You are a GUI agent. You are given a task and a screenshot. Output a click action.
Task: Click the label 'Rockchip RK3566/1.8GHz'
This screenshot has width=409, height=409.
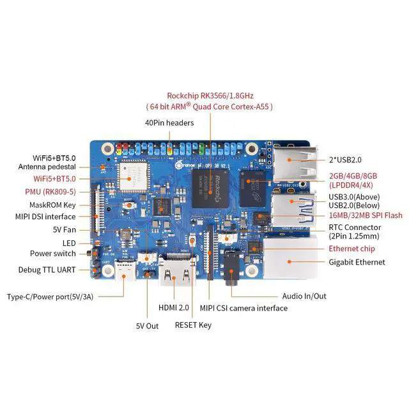click(219, 95)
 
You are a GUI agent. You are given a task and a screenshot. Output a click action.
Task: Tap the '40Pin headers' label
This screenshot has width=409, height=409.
click(169, 123)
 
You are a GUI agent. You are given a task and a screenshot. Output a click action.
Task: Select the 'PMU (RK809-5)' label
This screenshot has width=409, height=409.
click(51, 191)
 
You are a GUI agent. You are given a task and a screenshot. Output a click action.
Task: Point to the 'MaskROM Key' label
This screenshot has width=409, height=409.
click(52, 205)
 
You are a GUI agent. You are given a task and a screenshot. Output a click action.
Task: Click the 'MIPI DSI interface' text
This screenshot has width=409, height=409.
click(46, 217)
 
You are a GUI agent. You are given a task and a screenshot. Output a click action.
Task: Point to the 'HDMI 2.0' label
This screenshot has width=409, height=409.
click(174, 308)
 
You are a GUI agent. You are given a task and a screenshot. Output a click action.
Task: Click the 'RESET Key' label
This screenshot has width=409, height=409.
click(193, 325)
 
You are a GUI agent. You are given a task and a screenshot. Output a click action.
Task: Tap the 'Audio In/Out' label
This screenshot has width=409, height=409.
click(304, 296)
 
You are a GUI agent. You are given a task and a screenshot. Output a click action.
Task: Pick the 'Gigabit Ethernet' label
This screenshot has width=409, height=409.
click(357, 262)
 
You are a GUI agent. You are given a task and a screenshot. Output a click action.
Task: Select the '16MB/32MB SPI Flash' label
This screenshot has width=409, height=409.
click(366, 215)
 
